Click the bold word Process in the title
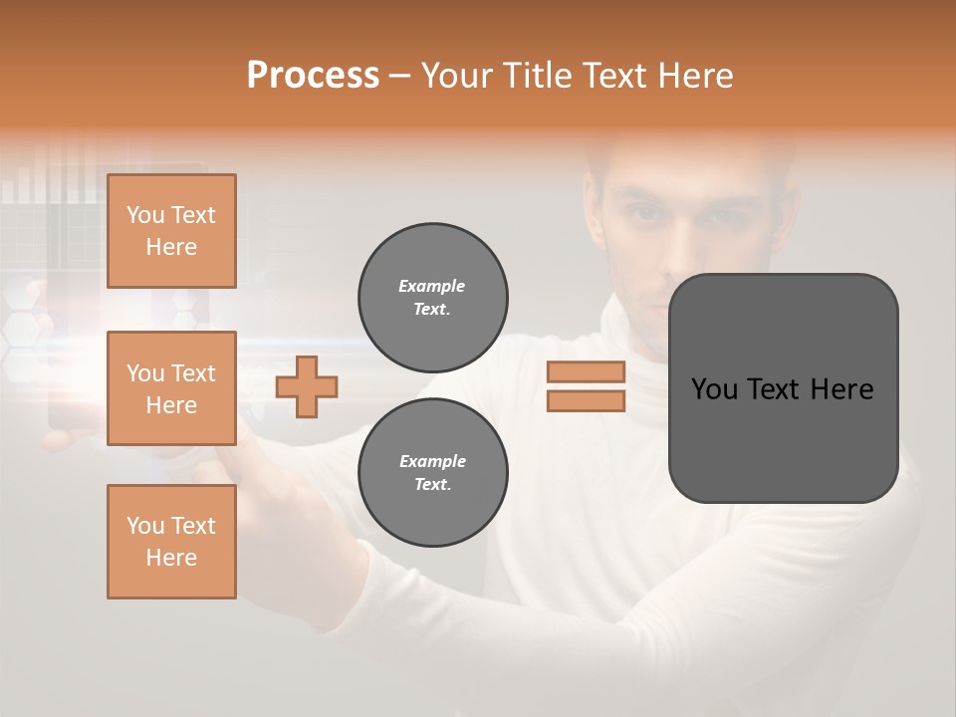click(x=313, y=76)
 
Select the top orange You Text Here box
click(x=171, y=231)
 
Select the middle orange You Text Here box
click(x=171, y=388)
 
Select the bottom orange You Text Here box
click(x=171, y=542)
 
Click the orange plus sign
click(x=307, y=386)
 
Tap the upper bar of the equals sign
click(x=586, y=371)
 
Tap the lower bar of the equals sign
click(x=586, y=400)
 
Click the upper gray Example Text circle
click(x=432, y=298)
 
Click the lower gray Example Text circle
click(x=432, y=473)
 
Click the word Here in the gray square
click(x=840, y=389)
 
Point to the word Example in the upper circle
click(x=431, y=286)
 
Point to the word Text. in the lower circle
click(x=432, y=485)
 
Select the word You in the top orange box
click(x=145, y=215)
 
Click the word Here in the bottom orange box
click(x=171, y=558)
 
